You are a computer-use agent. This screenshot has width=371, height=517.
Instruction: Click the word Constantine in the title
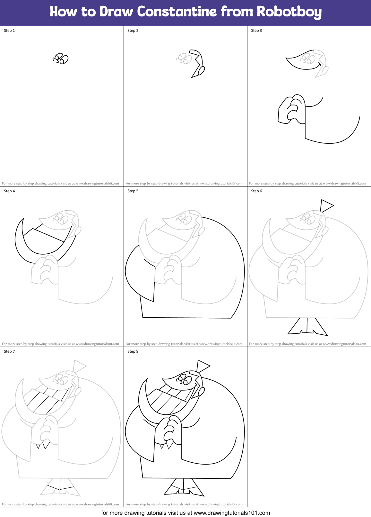click(177, 12)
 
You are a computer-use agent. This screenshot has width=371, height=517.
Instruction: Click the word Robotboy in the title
click(289, 12)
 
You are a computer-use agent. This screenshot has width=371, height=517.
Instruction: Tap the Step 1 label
click(9, 31)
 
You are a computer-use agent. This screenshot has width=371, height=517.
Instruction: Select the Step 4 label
click(9, 191)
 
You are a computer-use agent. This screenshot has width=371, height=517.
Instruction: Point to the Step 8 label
click(133, 351)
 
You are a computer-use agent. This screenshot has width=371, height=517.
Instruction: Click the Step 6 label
click(256, 191)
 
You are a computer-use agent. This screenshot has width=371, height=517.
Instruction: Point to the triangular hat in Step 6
click(326, 205)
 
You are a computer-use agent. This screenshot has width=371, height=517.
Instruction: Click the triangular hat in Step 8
click(202, 366)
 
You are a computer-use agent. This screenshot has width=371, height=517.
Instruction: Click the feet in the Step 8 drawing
click(184, 487)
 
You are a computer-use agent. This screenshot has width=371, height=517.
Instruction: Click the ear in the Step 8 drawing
click(202, 391)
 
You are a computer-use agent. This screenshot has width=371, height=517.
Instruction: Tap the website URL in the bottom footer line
click(232, 513)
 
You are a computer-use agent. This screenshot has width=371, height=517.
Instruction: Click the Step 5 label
click(133, 191)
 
